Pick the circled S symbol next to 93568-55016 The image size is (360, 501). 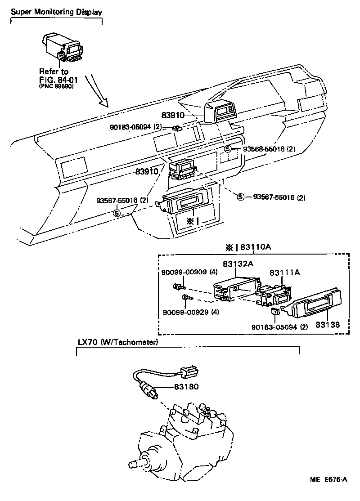click(228, 149)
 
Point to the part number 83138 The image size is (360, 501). click(328, 323)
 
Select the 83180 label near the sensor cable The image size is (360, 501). click(186, 386)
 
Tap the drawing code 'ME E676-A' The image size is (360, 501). click(328, 479)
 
